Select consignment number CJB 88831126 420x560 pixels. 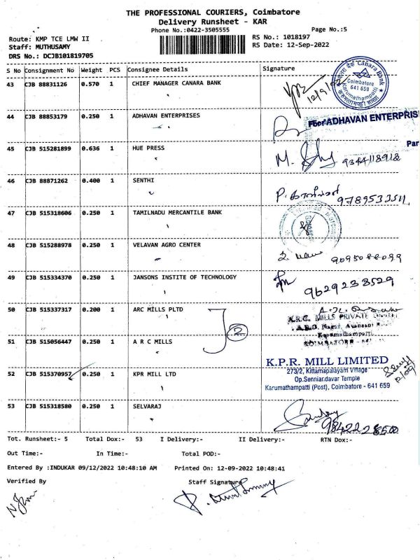pos(47,84)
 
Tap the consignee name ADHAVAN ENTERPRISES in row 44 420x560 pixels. pos(166,115)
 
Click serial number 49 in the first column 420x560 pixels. pos(10,277)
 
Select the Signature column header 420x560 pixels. pos(279,69)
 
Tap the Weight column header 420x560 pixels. pos(92,70)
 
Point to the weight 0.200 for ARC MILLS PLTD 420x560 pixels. pos(90,309)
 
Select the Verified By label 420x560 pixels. pos(26,481)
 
